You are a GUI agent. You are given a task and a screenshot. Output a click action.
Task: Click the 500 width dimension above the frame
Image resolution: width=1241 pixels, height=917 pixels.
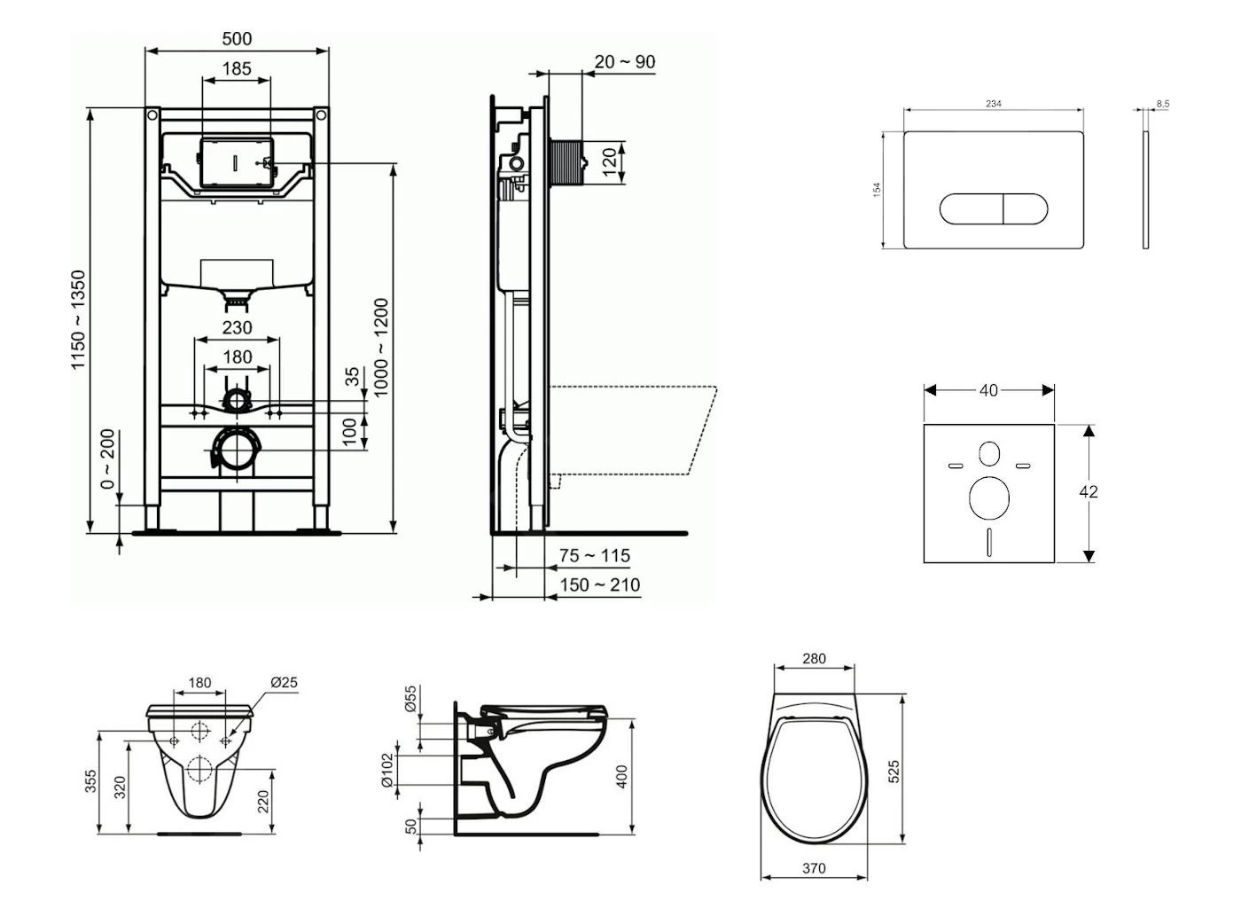pyautogui.click(x=237, y=39)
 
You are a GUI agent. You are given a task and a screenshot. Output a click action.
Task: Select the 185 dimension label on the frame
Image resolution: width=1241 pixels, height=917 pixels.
pyautogui.click(x=237, y=68)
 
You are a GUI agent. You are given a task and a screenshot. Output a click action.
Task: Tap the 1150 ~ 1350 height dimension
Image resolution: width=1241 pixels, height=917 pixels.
pyautogui.click(x=80, y=320)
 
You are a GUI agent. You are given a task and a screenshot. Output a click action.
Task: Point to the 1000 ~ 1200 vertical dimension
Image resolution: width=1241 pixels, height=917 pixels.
pyautogui.click(x=381, y=347)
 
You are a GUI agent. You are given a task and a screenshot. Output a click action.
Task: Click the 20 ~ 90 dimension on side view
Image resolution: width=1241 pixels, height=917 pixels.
pyautogui.click(x=625, y=62)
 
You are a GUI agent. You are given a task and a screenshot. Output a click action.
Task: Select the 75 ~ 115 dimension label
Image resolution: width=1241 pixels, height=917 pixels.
pyautogui.click(x=595, y=556)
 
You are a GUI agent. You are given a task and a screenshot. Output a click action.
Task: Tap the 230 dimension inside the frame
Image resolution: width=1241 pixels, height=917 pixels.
pyautogui.click(x=237, y=328)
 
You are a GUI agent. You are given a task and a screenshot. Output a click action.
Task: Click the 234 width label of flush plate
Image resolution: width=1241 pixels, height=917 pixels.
pyautogui.click(x=994, y=104)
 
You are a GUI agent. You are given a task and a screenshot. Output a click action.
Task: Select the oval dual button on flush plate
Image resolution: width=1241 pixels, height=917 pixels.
pyautogui.click(x=994, y=209)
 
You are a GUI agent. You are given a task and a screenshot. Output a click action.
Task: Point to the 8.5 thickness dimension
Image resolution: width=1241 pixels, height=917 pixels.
pyautogui.click(x=1162, y=104)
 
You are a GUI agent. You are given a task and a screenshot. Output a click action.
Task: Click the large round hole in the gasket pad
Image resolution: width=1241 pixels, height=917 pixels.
pyautogui.click(x=989, y=498)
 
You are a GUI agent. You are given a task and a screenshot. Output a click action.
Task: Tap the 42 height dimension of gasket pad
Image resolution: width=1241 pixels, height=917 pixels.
pyautogui.click(x=1089, y=491)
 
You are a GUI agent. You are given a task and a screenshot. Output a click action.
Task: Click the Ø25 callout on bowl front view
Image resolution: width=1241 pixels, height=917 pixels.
pyautogui.click(x=284, y=683)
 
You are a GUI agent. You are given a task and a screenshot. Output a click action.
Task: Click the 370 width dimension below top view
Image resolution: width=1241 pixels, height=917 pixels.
pyautogui.click(x=814, y=868)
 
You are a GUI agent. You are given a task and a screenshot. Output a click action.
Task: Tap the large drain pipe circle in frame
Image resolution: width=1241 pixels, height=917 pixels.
pyautogui.click(x=236, y=450)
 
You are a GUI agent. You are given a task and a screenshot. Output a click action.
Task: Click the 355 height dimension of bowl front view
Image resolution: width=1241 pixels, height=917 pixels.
pyautogui.click(x=91, y=781)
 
